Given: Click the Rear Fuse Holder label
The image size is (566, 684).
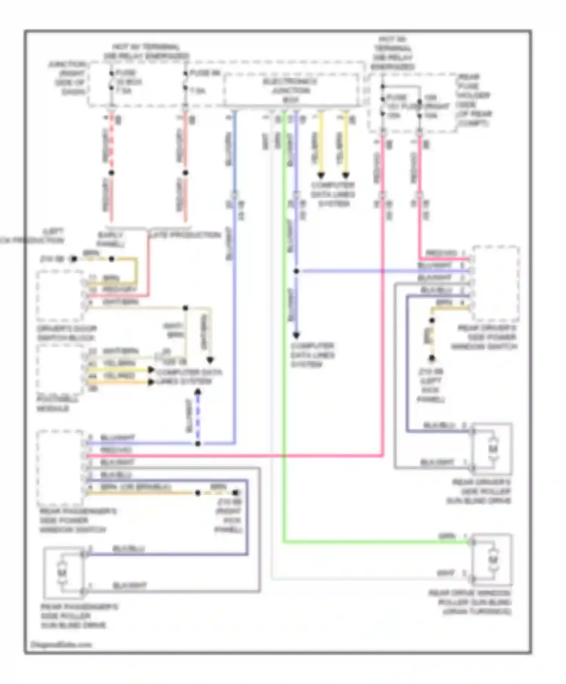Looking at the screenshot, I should pyautogui.click(x=474, y=100).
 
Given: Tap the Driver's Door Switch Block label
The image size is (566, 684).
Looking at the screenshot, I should pyautogui.click(x=67, y=333).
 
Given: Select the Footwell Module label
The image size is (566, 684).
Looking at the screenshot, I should pyautogui.click(x=53, y=404).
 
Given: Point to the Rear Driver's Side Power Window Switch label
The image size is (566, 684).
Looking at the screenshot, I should pyautogui.click(x=485, y=337).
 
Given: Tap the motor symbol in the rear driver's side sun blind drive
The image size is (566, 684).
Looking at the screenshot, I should pyautogui.click(x=493, y=449).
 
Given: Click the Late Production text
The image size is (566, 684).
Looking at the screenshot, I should pyautogui.click(x=185, y=235).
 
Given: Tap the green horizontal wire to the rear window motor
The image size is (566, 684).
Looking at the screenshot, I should pyautogui.click(x=377, y=542).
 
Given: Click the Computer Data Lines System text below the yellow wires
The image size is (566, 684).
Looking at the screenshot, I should pyautogui.click(x=333, y=195).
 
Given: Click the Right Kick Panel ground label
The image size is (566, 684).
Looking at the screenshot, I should pyautogui.click(x=229, y=516).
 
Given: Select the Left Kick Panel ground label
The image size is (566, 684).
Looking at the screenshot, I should pyautogui.click(x=431, y=385).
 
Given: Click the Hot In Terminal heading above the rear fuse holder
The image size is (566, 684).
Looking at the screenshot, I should pyautogui.click(x=392, y=53).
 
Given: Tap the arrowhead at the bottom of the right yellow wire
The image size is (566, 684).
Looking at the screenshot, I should pyautogui.click(x=346, y=175).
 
